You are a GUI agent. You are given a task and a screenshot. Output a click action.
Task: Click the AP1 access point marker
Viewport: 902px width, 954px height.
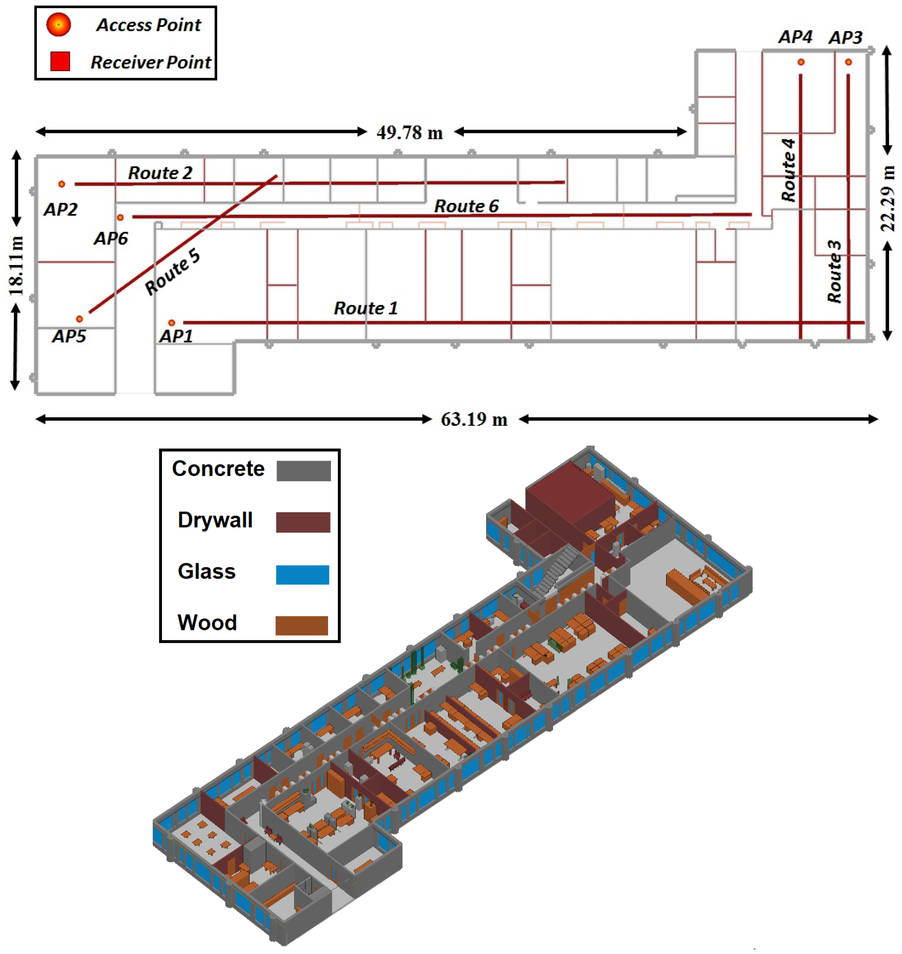tap(172, 323)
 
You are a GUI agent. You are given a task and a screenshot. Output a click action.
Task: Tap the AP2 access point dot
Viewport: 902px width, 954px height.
tap(62, 184)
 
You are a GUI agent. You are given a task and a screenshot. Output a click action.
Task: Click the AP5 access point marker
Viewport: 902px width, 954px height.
tap(79, 319)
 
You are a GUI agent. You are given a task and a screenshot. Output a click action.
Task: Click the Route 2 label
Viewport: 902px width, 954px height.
tap(160, 173)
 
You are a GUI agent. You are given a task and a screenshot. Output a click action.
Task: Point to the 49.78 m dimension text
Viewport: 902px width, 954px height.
tap(409, 133)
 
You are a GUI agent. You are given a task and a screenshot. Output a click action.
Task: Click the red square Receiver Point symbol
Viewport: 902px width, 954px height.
tap(60, 62)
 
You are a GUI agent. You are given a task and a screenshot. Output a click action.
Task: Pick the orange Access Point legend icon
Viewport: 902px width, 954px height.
tap(59, 25)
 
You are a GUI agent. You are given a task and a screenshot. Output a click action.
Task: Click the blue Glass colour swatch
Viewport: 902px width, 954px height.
tap(302, 575)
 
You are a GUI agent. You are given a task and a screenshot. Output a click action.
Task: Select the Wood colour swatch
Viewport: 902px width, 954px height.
tap(301, 626)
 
